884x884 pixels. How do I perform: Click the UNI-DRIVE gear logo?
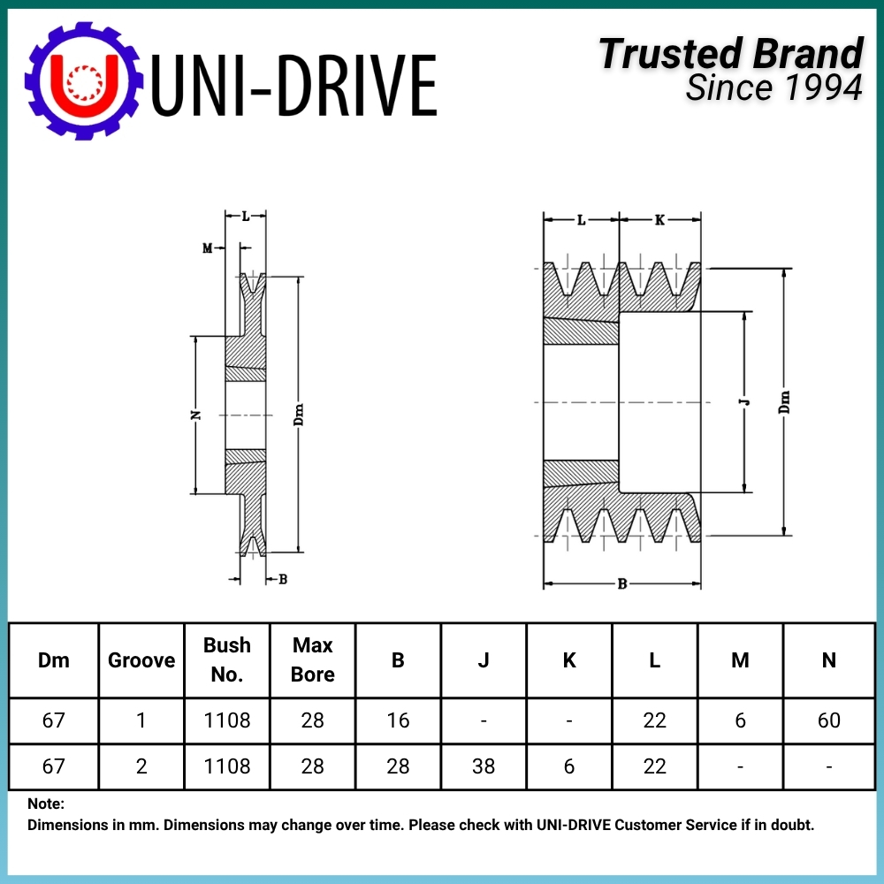coord(83,80)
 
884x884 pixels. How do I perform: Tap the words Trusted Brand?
coord(731,54)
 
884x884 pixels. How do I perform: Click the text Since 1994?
coord(773,88)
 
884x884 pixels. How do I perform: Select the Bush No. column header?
coord(226,659)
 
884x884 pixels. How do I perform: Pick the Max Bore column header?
coord(312,659)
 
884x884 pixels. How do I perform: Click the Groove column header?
coord(141,660)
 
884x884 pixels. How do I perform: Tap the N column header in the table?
coord(828,660)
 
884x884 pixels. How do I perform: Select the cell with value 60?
coord(829,720)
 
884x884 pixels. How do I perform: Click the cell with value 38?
coord(484,766)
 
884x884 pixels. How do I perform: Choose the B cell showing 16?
coord(398,720)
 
